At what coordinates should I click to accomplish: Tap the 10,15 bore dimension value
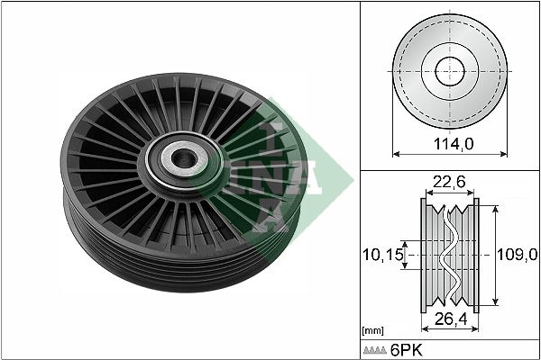click(x=382, y=255)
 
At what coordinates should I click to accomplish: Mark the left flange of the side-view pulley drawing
click(x=426, y=255)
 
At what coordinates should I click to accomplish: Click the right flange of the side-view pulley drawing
click(x=472, y=255)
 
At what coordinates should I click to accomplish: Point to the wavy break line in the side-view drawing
click(x=448, y=255)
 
